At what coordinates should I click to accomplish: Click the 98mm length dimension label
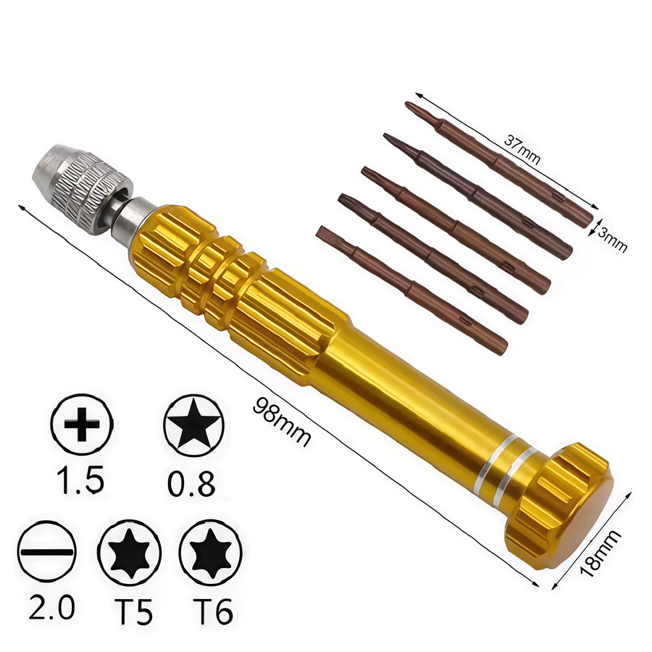click(282, 422)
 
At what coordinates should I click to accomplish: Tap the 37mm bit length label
click(522, 149)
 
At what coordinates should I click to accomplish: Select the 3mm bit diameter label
click(612, 240)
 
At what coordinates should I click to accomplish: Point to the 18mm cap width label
click(600, 553)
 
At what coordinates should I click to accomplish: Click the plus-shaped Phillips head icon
click(82, 424)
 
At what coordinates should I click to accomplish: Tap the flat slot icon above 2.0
click(47, 552)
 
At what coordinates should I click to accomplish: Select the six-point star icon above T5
click(130, 553)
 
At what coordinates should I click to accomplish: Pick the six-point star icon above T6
click(211, 553)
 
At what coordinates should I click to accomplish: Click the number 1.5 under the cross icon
click(80, 480)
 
